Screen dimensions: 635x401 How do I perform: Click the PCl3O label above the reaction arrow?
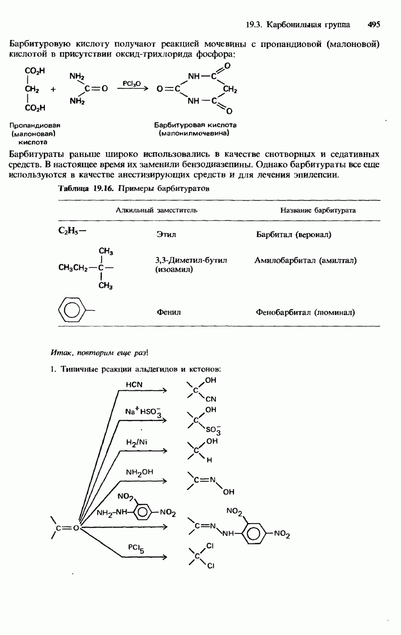[x=131, y=84]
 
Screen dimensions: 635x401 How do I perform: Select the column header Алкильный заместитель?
[x=156, y=210]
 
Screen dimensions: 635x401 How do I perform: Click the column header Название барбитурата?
[x=318, y=210]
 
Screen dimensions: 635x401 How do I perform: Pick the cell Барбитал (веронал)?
[x=294, y=235]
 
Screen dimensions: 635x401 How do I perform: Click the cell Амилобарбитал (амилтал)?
[x=305, y=260]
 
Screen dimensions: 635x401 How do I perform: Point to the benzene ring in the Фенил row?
[x=71, y=310]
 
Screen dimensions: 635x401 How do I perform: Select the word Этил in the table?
[x=166, y=235]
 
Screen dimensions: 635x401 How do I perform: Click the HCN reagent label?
[x=134, y=384]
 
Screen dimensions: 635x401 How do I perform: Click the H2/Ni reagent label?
[x=136, y=443]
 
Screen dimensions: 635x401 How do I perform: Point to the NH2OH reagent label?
[x=139, y=472]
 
